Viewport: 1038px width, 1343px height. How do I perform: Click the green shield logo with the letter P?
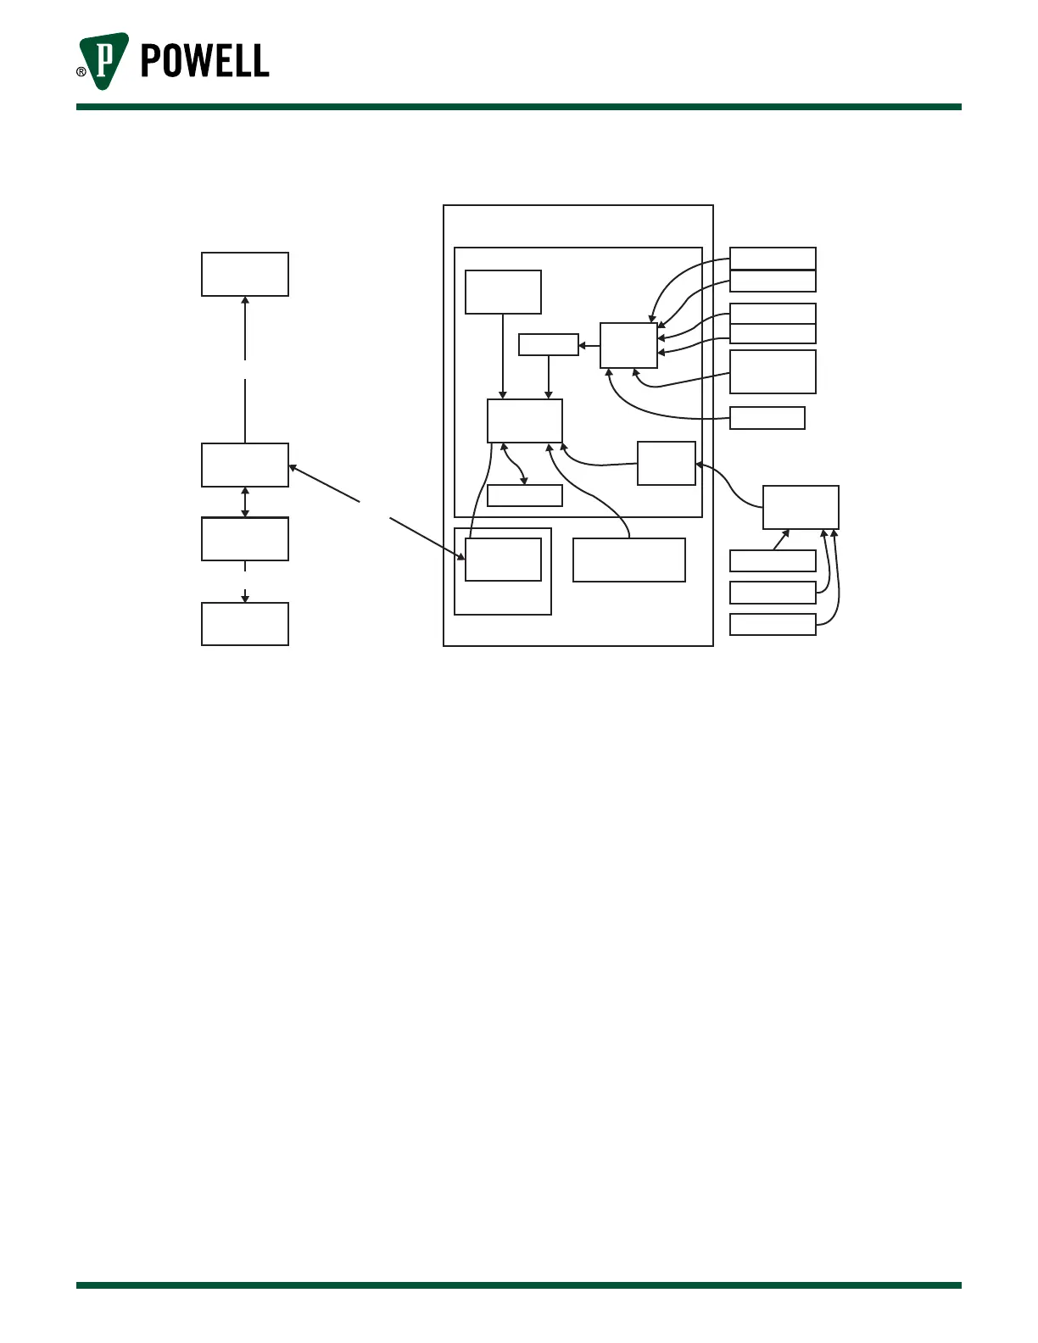[103, 61]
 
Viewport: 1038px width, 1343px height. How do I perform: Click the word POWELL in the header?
[204, 61]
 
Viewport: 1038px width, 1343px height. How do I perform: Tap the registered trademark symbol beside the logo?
[81, 72]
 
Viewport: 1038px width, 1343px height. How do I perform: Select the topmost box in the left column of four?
[244, 274]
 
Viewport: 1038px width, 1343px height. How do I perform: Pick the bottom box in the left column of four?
[244, 624]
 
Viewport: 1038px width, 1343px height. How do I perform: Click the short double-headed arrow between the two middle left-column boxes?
[245, 502]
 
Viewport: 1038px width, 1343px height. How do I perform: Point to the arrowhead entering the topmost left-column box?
[245, 300]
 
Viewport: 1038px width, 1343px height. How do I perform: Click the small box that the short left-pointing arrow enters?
[548, 345]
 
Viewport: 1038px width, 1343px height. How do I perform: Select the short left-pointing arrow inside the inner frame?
[589, 346]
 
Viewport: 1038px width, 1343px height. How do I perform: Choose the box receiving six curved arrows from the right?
[628, 345]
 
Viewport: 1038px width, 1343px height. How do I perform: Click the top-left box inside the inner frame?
[503, 292]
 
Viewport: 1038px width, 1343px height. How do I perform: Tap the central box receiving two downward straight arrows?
[524, 421]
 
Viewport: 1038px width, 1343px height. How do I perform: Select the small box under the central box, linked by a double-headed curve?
[524, 496]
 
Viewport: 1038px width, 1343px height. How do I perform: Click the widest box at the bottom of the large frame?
[628, 560]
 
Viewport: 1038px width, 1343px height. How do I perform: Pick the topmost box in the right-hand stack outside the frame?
[773, 258]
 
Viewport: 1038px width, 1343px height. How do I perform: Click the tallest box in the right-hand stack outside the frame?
[773, 371]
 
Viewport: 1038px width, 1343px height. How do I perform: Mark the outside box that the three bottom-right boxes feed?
[801, 507]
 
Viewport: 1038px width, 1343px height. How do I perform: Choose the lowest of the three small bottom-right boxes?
[773, 624]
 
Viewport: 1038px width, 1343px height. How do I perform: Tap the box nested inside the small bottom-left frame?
[503, 560]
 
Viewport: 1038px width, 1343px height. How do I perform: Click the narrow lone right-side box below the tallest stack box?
[767, 418]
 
